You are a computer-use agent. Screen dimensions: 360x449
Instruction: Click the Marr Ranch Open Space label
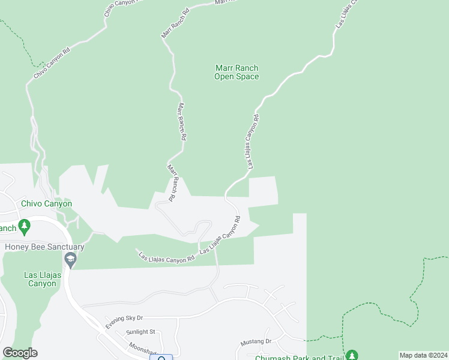(237, 72)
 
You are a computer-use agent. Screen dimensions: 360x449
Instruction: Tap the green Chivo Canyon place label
(46, 203)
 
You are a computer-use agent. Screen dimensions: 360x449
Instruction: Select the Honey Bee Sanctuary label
(44, 247)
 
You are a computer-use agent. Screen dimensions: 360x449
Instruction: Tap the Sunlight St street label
(140, 331)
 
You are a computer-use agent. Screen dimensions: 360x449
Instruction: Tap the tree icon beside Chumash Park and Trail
(351, 355)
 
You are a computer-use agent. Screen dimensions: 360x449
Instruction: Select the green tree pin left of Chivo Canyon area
(24, 227)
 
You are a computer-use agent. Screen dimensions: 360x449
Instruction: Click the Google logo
(20, 353)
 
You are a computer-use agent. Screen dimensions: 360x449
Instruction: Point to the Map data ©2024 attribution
(423, 355)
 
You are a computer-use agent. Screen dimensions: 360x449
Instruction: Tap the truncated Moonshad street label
(142, 349)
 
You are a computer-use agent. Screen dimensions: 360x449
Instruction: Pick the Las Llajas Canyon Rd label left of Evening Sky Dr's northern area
(167, 257)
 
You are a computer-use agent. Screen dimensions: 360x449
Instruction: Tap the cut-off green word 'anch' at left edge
(8, 228)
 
